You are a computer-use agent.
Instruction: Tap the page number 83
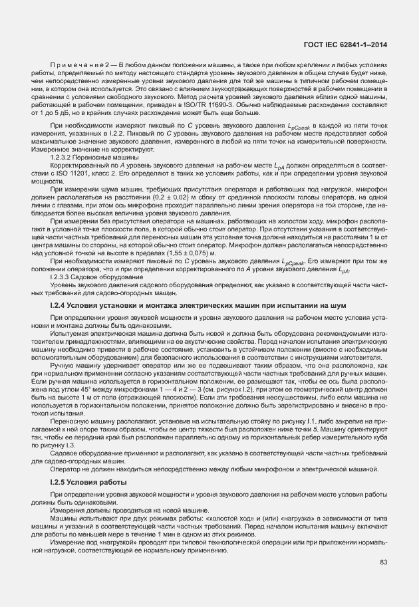coord(384,562)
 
